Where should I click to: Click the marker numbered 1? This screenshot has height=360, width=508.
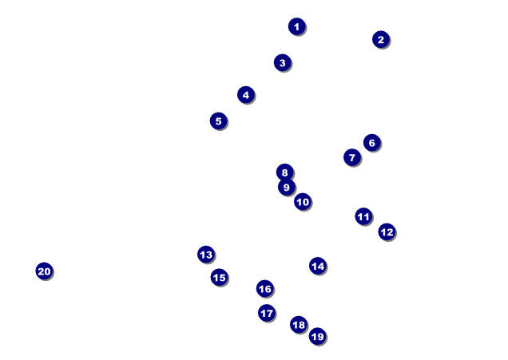pyautogui.click(x=297, y=26)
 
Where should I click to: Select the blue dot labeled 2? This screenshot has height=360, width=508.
pyautogui.click(x=381, y=39)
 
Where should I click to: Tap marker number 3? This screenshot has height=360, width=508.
pyautogui.click(x=283, y=63)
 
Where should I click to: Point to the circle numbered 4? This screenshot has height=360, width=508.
pyautogui.click(x=246, y=95)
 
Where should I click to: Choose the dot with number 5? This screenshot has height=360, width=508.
pyautogui.click(x=219, y=121)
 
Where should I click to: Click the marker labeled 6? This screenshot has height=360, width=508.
pyautogui.click(x=372, y=143)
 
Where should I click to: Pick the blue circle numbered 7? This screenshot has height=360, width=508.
pyautogui.click(x=352, y=158)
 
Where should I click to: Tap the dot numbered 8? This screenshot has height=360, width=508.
pyautogui.click(x=285, y=172)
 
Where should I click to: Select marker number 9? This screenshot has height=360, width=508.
pyautogui.click(x=287, y=187)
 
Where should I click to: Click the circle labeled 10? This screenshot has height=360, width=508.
pyautogui.click(x=303, y=202)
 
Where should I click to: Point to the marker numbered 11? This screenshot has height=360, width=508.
pyautogui.click(x=363, y=216)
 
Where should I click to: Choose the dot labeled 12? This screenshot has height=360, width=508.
pyautogui.click(x=387, y=232)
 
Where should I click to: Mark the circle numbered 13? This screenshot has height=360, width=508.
pyautogui.click(x=206, y=255)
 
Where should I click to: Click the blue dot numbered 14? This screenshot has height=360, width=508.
pyautogui.click(x=318, y=266)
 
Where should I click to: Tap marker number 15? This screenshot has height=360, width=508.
pyautogui.click(x=220, y=278)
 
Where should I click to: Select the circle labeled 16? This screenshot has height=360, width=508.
pyautogui.click(x=265, y=289)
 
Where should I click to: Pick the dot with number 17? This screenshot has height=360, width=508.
pyautogui.click(x=267, y=313)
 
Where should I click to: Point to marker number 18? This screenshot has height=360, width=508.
pyautogui.click(x=299, y=325)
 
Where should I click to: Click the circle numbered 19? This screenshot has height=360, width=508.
pyautogui.click(x=318, y=337)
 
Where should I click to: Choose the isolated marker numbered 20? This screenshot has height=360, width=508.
pyautogui.click(x=45, y=271)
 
